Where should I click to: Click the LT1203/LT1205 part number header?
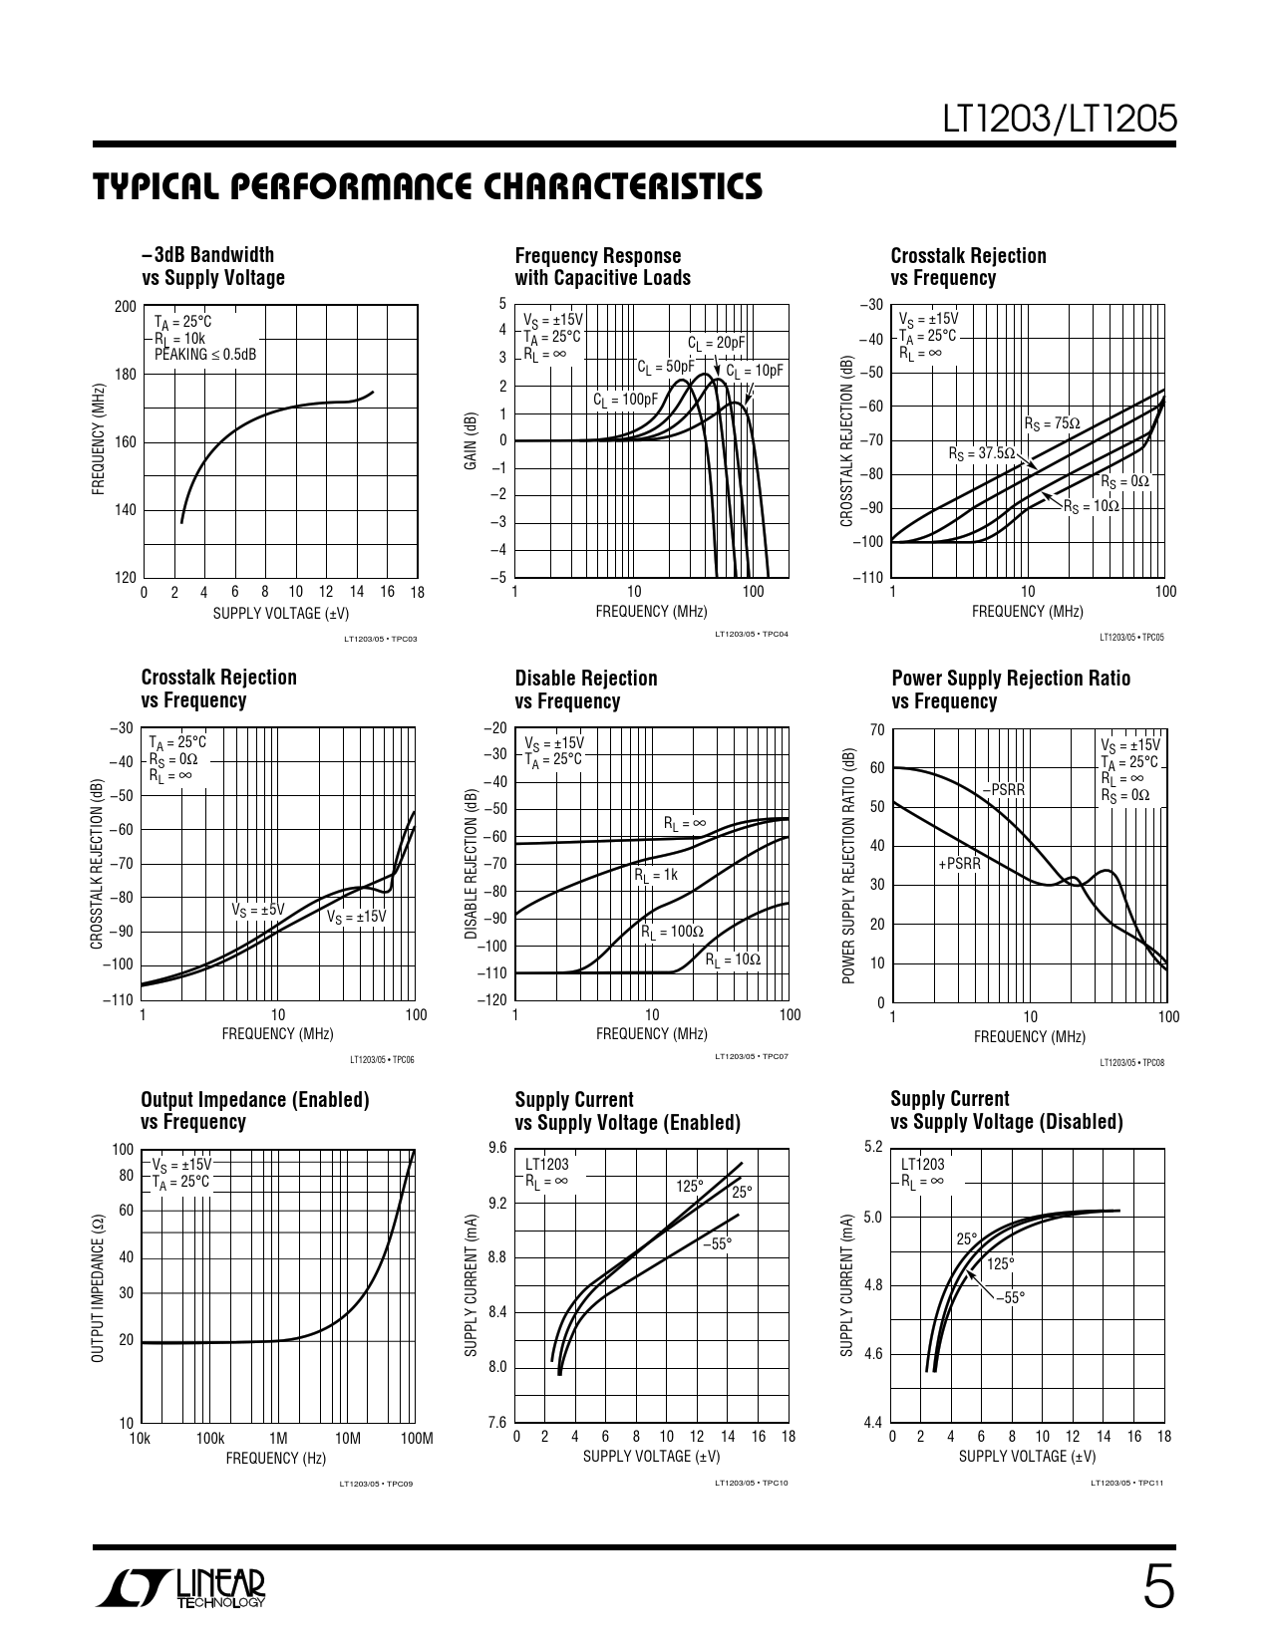1061,120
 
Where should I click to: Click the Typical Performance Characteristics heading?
428,187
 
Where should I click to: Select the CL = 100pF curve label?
626,401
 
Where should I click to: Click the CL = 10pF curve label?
755,372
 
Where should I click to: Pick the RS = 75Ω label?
1052,423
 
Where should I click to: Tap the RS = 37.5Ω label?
982,453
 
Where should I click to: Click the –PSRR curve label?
1003,790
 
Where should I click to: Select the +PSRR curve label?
959,864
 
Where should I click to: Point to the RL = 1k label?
656,875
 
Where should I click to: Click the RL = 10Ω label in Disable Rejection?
733,959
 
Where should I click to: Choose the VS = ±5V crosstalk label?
258,910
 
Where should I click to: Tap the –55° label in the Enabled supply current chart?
717,1243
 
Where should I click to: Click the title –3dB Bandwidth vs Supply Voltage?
213,266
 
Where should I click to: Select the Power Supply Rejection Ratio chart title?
1010,689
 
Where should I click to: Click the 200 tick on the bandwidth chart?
125,307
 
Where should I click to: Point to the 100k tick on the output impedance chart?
209,1438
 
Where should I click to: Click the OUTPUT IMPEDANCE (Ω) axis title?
98,1289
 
